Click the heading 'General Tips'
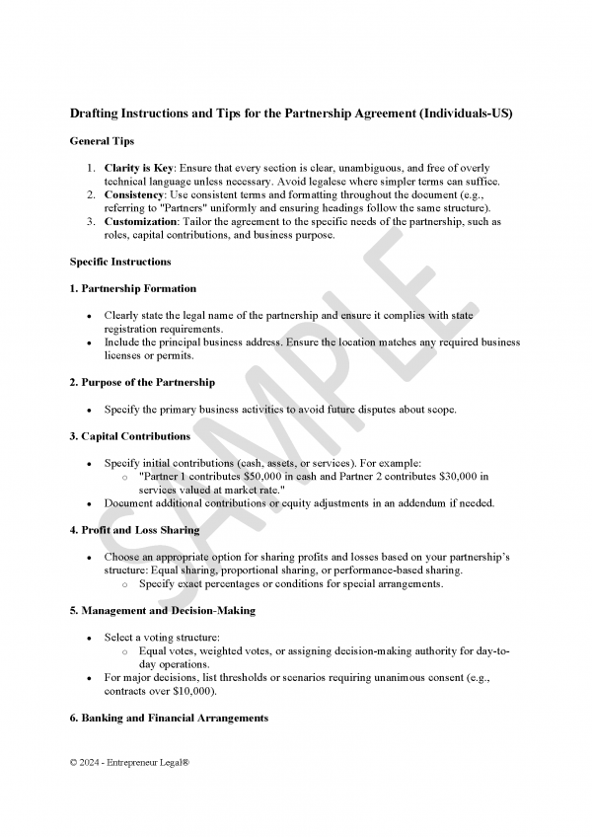[x=102, y=142]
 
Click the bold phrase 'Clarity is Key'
[x=138, y=168]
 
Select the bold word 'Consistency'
[x=132, y=195]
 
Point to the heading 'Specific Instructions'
[x=120, y=262]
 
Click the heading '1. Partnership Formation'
[x=133, y=288]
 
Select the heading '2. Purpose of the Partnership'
[x=142, y=382]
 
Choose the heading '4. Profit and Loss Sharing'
[x=134, y=530]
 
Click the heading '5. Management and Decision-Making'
[x=163, y=610]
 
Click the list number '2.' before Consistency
[x=91, y=195]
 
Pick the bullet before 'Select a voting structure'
[x=90, y=638]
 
